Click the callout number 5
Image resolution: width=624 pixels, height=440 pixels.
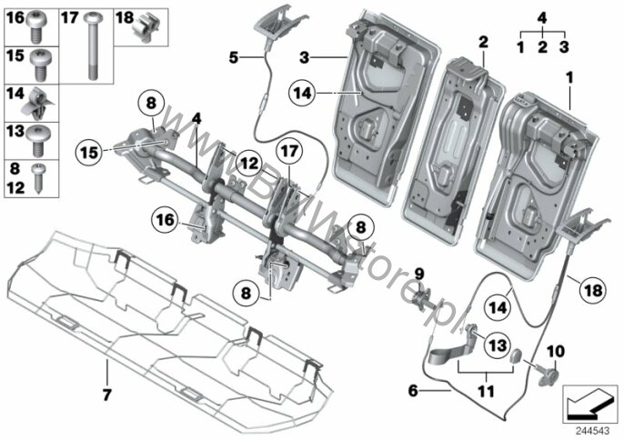pos(234,56)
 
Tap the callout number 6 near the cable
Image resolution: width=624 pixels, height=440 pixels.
pos(412,391)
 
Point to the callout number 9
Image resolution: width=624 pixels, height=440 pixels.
pos(420,273)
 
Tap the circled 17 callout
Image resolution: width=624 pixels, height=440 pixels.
pos(289,148)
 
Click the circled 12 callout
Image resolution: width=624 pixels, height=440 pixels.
pos(250,163)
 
